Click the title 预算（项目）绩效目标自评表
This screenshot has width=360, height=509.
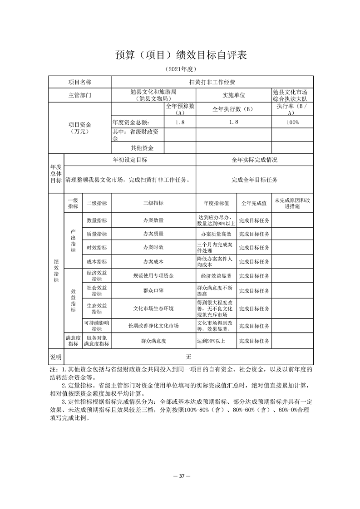click(x=180, y=55)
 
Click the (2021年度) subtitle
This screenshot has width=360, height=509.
click(x=180, y=69)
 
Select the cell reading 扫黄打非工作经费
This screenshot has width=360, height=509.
click(x=212, y=82)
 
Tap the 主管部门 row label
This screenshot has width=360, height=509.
click(x=79, y=95)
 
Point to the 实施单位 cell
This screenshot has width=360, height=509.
click(x=233, y=95)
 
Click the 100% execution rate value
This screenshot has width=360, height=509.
click(x=292, y=122)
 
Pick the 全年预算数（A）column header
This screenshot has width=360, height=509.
click(x=180, y=109)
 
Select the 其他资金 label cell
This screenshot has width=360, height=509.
click(x=142, y=148)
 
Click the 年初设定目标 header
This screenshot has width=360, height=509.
click(x=130, y=160)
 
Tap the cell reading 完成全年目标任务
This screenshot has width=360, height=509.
click(x=254, y=180)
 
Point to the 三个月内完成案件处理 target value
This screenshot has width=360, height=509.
click(x=216, y=248)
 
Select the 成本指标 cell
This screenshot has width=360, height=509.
click(x=97, y=262)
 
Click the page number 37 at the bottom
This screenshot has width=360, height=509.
click(x=180, y=476)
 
